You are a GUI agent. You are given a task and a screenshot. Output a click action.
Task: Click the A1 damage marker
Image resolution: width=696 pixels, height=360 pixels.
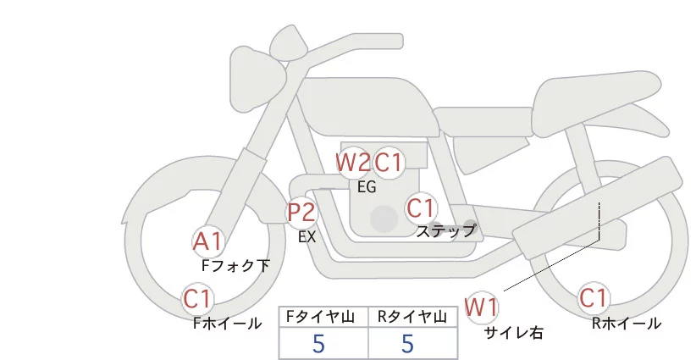click(207, 241)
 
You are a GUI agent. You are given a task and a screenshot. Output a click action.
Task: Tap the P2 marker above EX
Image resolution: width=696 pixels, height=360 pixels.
click(301, 212)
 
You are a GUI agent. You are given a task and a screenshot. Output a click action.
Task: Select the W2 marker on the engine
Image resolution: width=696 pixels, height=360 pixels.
click(352, 162)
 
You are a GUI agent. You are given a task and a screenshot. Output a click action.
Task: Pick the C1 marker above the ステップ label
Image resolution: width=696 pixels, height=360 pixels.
click(421, 208)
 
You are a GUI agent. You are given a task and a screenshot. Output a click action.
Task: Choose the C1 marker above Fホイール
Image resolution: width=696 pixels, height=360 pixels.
click(199, 298)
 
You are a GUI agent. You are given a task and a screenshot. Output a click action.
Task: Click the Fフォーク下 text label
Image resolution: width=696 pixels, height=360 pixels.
click(235, 265)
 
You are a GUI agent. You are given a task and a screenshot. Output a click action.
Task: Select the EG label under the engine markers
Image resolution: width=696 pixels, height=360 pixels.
click(367, 187)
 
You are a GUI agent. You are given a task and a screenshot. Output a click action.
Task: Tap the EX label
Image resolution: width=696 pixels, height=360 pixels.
click(307, 237)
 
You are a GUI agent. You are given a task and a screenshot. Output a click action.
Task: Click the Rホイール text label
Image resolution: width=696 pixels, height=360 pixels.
click(627, 323)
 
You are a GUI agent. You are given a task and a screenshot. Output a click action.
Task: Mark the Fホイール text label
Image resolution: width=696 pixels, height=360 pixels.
click(227, 323)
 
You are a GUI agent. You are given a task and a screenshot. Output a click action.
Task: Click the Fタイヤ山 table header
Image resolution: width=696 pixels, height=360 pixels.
click(323, 317)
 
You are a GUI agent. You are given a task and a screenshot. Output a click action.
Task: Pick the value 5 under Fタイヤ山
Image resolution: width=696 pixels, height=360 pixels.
click(318, 344)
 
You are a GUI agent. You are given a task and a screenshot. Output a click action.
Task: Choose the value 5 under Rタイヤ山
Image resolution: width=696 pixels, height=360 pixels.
click(408, 344)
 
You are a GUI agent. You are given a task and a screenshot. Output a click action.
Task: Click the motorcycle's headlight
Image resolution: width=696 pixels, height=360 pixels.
click(255, 66)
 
